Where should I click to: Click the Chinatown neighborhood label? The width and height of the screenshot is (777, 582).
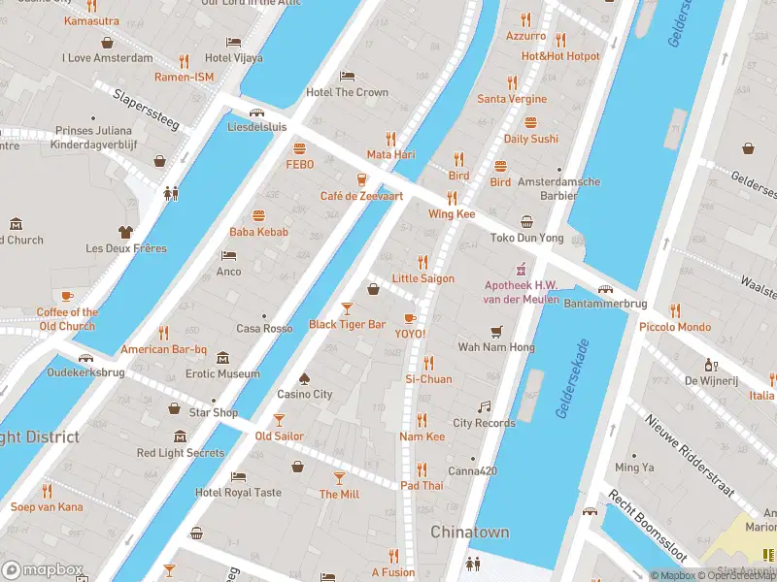point(470,533)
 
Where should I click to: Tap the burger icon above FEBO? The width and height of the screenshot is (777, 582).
point(299,149)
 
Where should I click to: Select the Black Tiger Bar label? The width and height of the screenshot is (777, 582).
point(347,324)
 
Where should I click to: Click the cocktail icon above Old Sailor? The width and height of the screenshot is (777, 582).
point(279,420)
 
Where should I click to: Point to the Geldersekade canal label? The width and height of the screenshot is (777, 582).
point(573,378)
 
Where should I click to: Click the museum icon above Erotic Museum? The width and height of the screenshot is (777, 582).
point(223,358)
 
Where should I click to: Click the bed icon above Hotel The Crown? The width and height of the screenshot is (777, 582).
point(347,77)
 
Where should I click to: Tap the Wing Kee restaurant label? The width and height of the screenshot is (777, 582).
point(452,213)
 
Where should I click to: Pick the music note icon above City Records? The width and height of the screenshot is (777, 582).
point(484,407)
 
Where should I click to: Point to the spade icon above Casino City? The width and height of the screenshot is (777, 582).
point(304,378)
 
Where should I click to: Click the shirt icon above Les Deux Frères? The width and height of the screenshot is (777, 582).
point(125,232)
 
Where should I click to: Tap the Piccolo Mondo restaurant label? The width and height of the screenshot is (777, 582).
point(674,327)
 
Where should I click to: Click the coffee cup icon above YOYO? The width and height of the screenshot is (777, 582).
point(409,318)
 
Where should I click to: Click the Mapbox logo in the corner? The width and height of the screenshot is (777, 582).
point(43,570)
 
